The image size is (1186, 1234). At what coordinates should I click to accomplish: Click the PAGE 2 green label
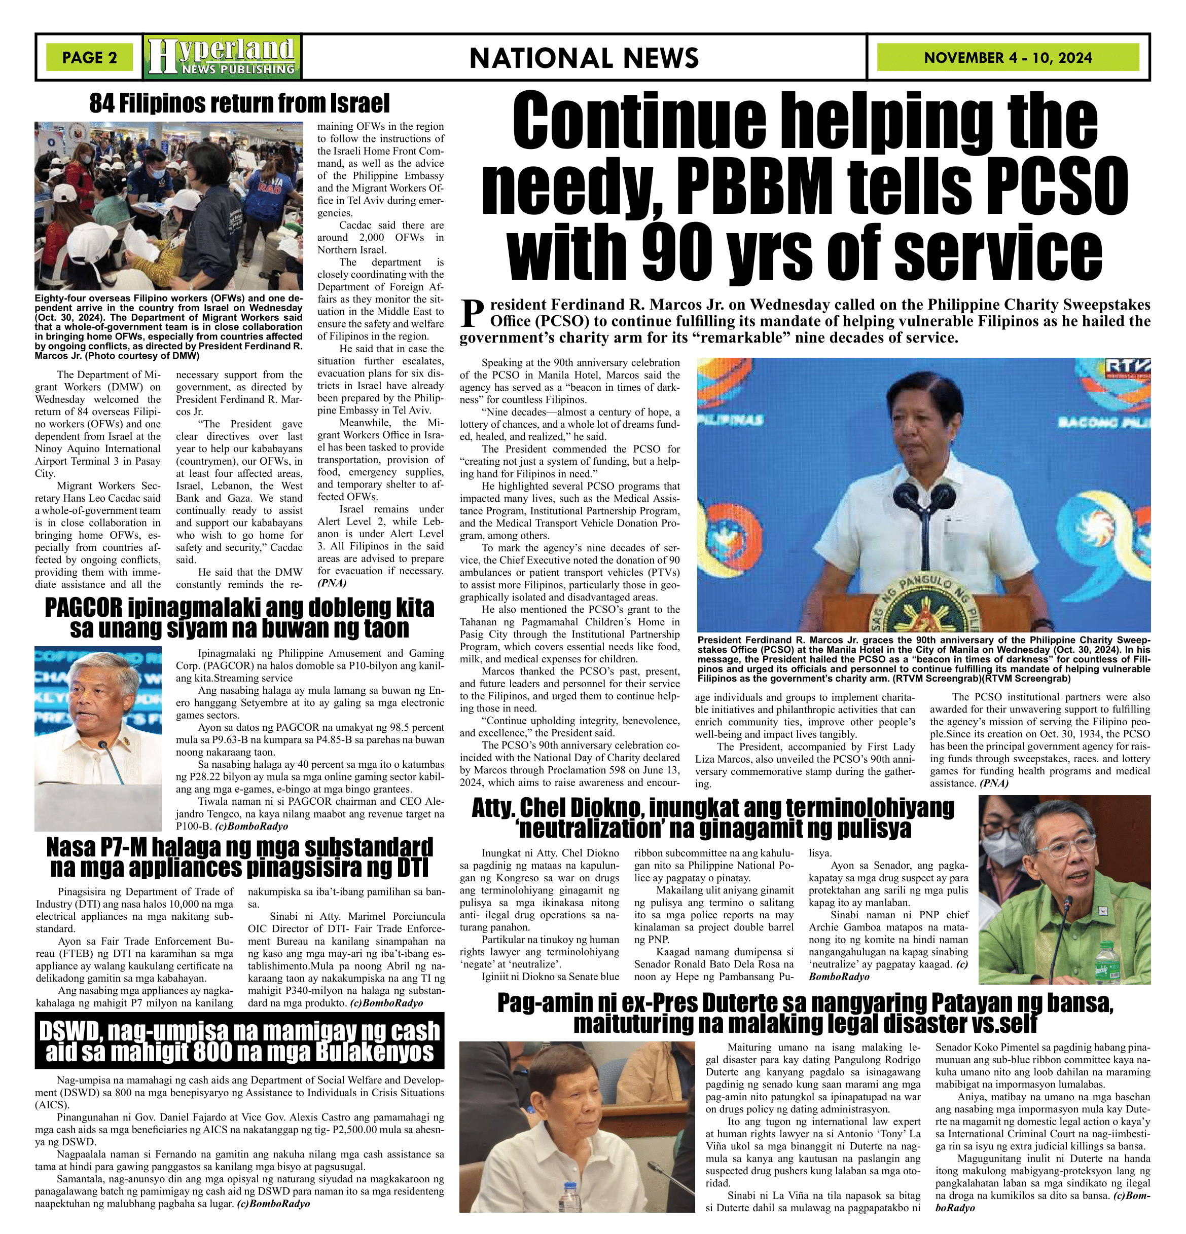[x=89, y=57]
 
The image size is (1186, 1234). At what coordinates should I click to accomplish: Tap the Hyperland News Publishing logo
[x=222, y=57]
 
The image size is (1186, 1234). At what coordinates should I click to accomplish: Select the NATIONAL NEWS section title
[x=584, y=58]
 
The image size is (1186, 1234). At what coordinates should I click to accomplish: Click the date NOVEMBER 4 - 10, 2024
[x=1008, y=58]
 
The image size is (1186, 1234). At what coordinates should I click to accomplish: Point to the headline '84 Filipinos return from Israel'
[x=239, y=103]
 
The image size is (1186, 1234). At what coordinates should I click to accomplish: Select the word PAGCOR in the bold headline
[x=86, y=608]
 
